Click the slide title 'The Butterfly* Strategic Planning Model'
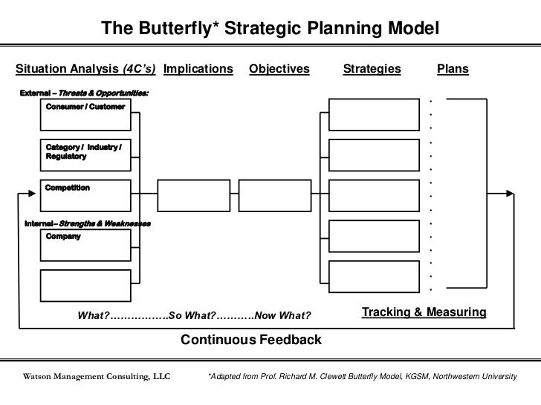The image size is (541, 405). pyautogui.click(x=270, y=28)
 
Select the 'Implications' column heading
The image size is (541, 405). pyautogui.click(x=198, y=69)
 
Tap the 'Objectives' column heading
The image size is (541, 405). pyautogui.click(x=279, y=69)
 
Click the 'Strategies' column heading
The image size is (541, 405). pyautogui.click(x=372, y=69)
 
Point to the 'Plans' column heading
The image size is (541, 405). pyautogui.click(x=453, y=69)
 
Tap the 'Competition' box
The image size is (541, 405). pyautogui.click(x=85, y=196)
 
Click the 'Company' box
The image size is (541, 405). pyautogui.click(x=85, y=246)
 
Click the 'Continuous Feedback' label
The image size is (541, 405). pyautogui.click(x=252, y=340)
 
